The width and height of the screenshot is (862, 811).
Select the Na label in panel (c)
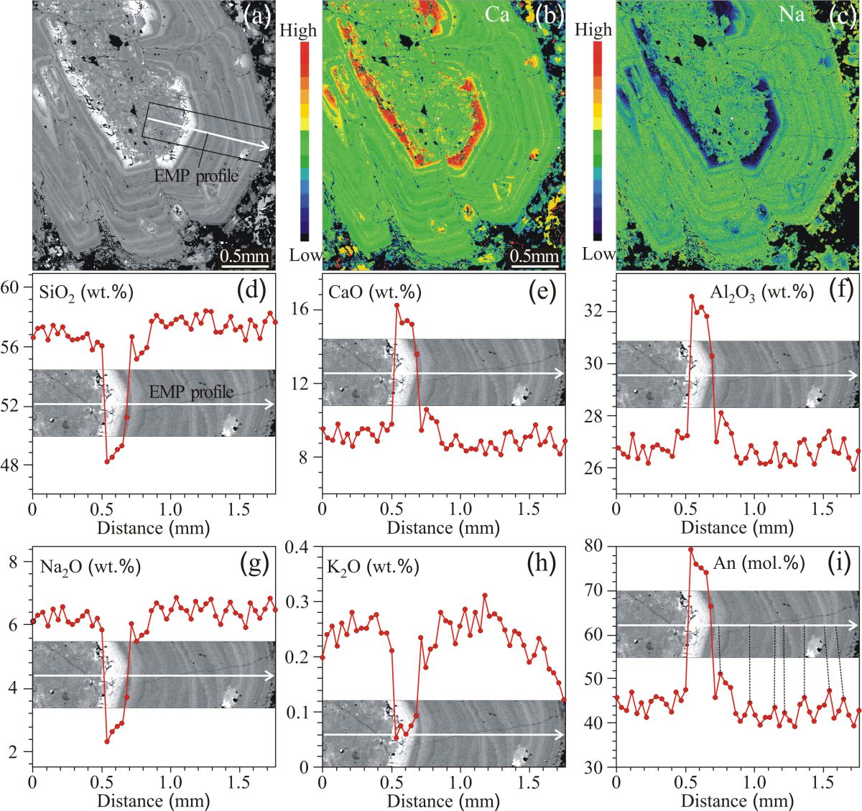(x=792, y=14)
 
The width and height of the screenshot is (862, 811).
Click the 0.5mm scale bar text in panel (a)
(x=244, y=256)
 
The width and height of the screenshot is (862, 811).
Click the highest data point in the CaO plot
(x=397, y=305)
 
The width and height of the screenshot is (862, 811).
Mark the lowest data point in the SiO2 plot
(x=107, y=461)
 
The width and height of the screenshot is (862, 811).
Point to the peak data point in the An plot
(x=690, y=550)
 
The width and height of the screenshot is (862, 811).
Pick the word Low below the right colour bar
(x=598, y=254)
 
